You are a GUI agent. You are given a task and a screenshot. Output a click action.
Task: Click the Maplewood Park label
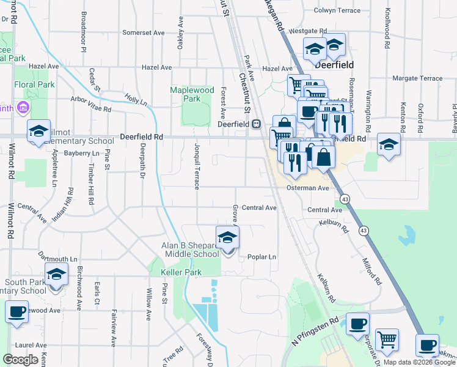point(192,94)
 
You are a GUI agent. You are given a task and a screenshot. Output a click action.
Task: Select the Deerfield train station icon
point(257,124)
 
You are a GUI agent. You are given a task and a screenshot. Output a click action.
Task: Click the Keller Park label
point(181,272)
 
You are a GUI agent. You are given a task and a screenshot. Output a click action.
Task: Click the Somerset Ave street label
point(144,32)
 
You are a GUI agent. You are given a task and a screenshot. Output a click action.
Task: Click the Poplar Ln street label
point(261,257)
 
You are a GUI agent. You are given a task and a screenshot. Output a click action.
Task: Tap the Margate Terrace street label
point(417,78)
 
